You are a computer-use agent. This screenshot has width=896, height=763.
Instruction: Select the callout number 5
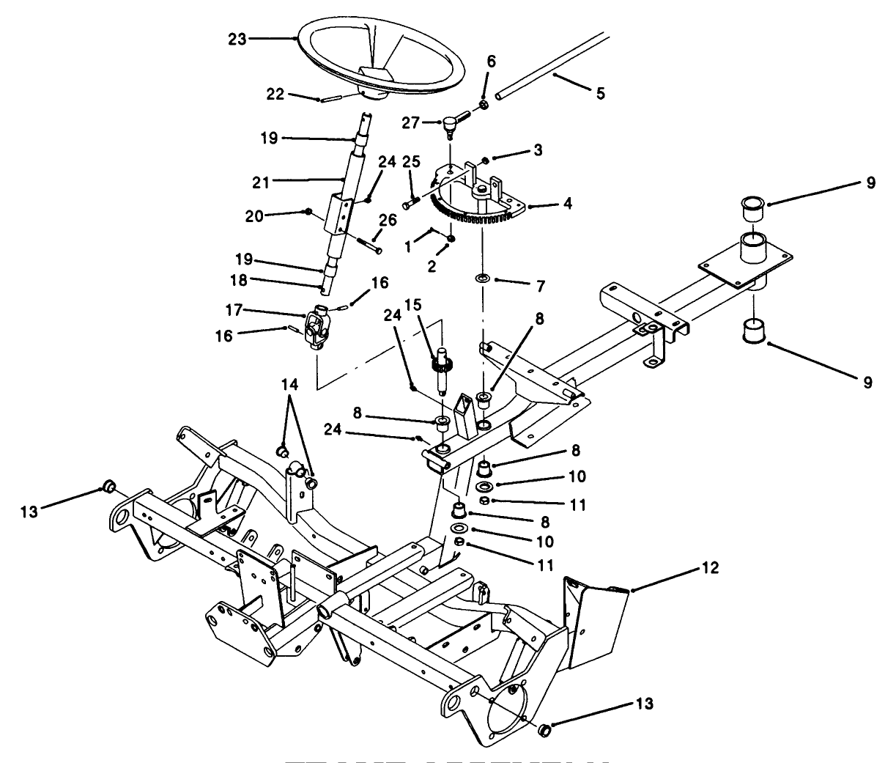pyautogui.click(x=601, y=94)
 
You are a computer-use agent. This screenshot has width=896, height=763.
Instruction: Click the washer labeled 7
pyautogui.click(x=483, y=279)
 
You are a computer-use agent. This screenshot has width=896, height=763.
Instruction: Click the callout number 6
pyautogui.click(x=491, y=62)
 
